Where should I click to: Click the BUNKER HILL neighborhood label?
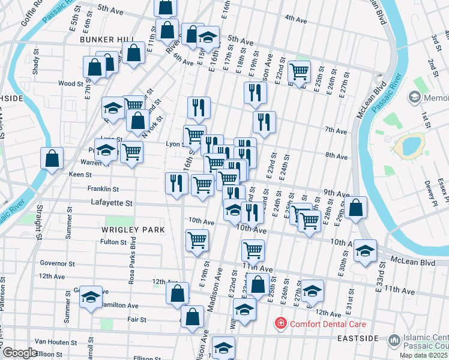(x=107, y=39)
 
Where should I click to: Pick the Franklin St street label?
(x=103, y=188)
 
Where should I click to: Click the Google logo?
(x=20, y=353)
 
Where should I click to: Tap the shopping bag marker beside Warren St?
(x=52, y=160)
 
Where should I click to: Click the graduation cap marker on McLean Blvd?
(x=365, y=251)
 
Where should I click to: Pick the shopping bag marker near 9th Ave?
(x=356, y=208)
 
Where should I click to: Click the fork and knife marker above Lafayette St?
(x=175, y=183)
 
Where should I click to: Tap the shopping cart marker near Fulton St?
(x=197, y=241)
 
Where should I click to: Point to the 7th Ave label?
(x=336, y=130)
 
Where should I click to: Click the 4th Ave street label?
(x=296, y=19)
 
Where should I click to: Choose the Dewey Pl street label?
(x=428, y=190)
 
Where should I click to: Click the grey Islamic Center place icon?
(x=394, y=340)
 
